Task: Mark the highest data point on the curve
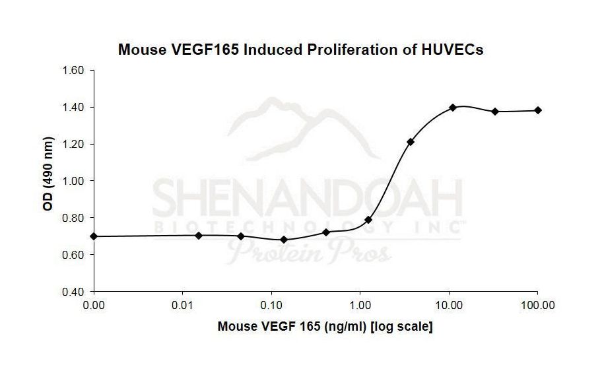(453, 108)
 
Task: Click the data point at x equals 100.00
(538, 110)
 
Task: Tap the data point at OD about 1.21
(411, 142)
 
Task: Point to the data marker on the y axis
(94, 236)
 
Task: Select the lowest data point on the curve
(284, 240)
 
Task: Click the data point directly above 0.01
(199, 236)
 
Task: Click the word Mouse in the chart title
(139, 50)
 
